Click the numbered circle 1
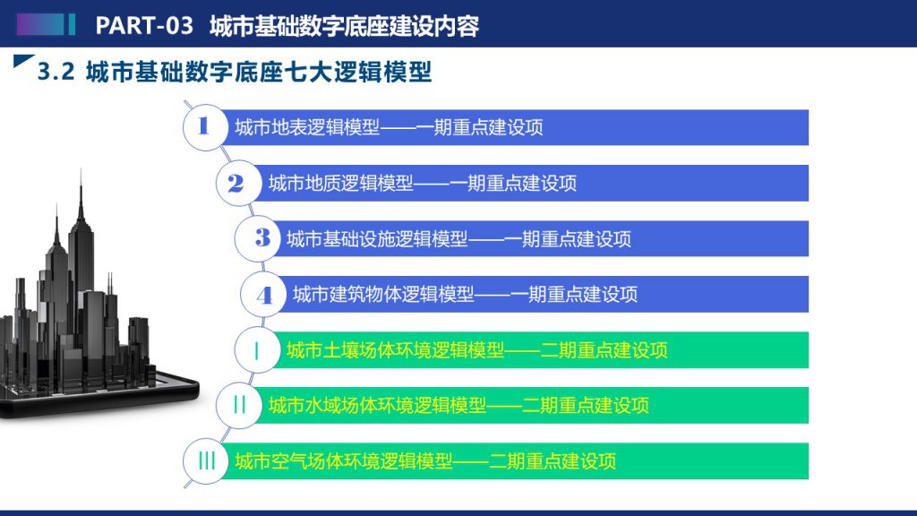click(205, 127)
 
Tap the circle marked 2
click(238, 183)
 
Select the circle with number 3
click(257, 238)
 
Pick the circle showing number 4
click(263, 294)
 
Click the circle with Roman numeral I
click(257, 350)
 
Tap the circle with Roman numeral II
click(238, 405)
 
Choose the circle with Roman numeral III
click(205, 461)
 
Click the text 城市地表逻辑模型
click(308, 127)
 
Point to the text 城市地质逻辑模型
click(341, 183)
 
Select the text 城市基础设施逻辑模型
click(377, 238)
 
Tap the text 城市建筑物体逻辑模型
click(383, 294)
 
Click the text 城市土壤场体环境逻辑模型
click(395, 350)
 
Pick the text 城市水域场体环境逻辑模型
click(377, 405)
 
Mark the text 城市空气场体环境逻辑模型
click(344, 461)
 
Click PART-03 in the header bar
click(144, 25)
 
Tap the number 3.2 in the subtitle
click(56, 72)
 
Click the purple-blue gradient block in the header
click(40, 24)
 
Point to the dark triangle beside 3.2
click(22, 60)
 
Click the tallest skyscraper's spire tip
click(81, 169)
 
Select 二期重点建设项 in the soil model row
click(604, 350)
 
